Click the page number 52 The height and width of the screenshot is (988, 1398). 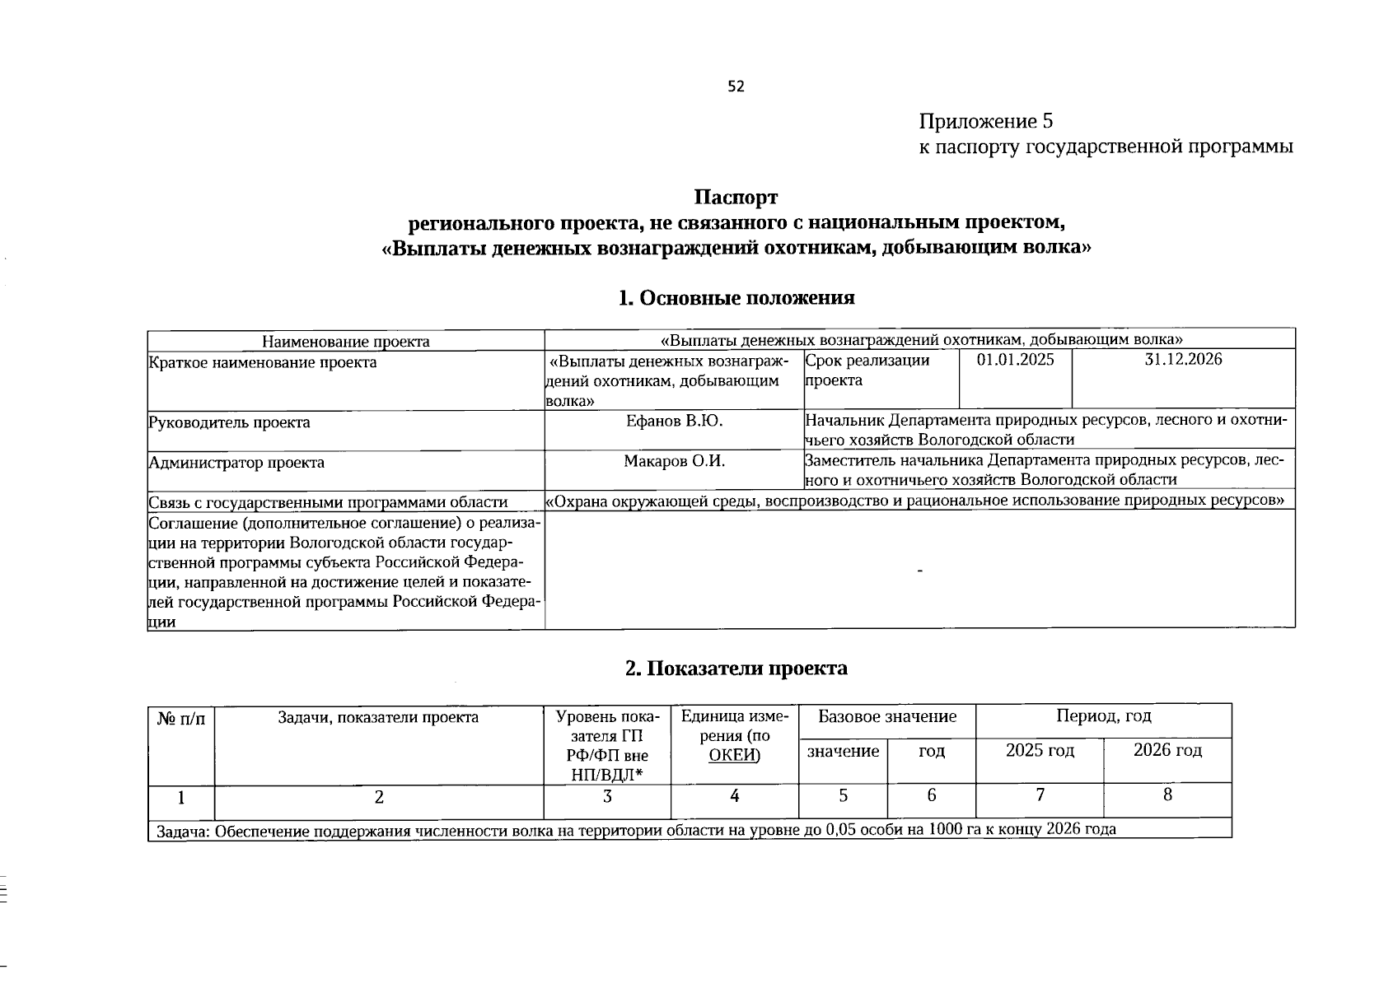tap(736, 86)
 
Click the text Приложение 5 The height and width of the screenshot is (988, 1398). tap(986, 122)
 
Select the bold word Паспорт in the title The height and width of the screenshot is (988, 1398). tap(736, 198)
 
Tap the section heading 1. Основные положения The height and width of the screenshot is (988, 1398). tap(736, 298)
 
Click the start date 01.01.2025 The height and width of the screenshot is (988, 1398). tap(1015, 360)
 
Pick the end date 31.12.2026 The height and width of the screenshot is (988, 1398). tap(1183, 360)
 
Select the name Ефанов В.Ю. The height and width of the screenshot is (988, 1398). tap(674, 421)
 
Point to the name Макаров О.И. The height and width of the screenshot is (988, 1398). tap(674, 461)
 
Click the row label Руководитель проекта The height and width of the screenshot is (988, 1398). tap(230, 422)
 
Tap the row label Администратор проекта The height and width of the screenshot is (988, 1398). tap(236, 462)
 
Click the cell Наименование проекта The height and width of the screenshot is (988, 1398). tap(345, 341)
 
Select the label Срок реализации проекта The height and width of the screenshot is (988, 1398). tap(867, 370)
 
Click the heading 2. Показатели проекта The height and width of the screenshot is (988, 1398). tap(736, 668)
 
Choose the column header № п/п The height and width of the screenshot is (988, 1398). tap(181, 718)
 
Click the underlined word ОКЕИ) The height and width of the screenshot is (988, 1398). tap(734, 756)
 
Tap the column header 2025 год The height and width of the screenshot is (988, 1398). tap(1040, 750)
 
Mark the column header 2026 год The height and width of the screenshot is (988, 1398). tap(1167, 750)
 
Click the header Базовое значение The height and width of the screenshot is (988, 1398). tap(887, 716)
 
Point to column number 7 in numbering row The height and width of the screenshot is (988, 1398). tap(1040, 795)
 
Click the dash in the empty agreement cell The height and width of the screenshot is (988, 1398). tap(919, 571)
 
